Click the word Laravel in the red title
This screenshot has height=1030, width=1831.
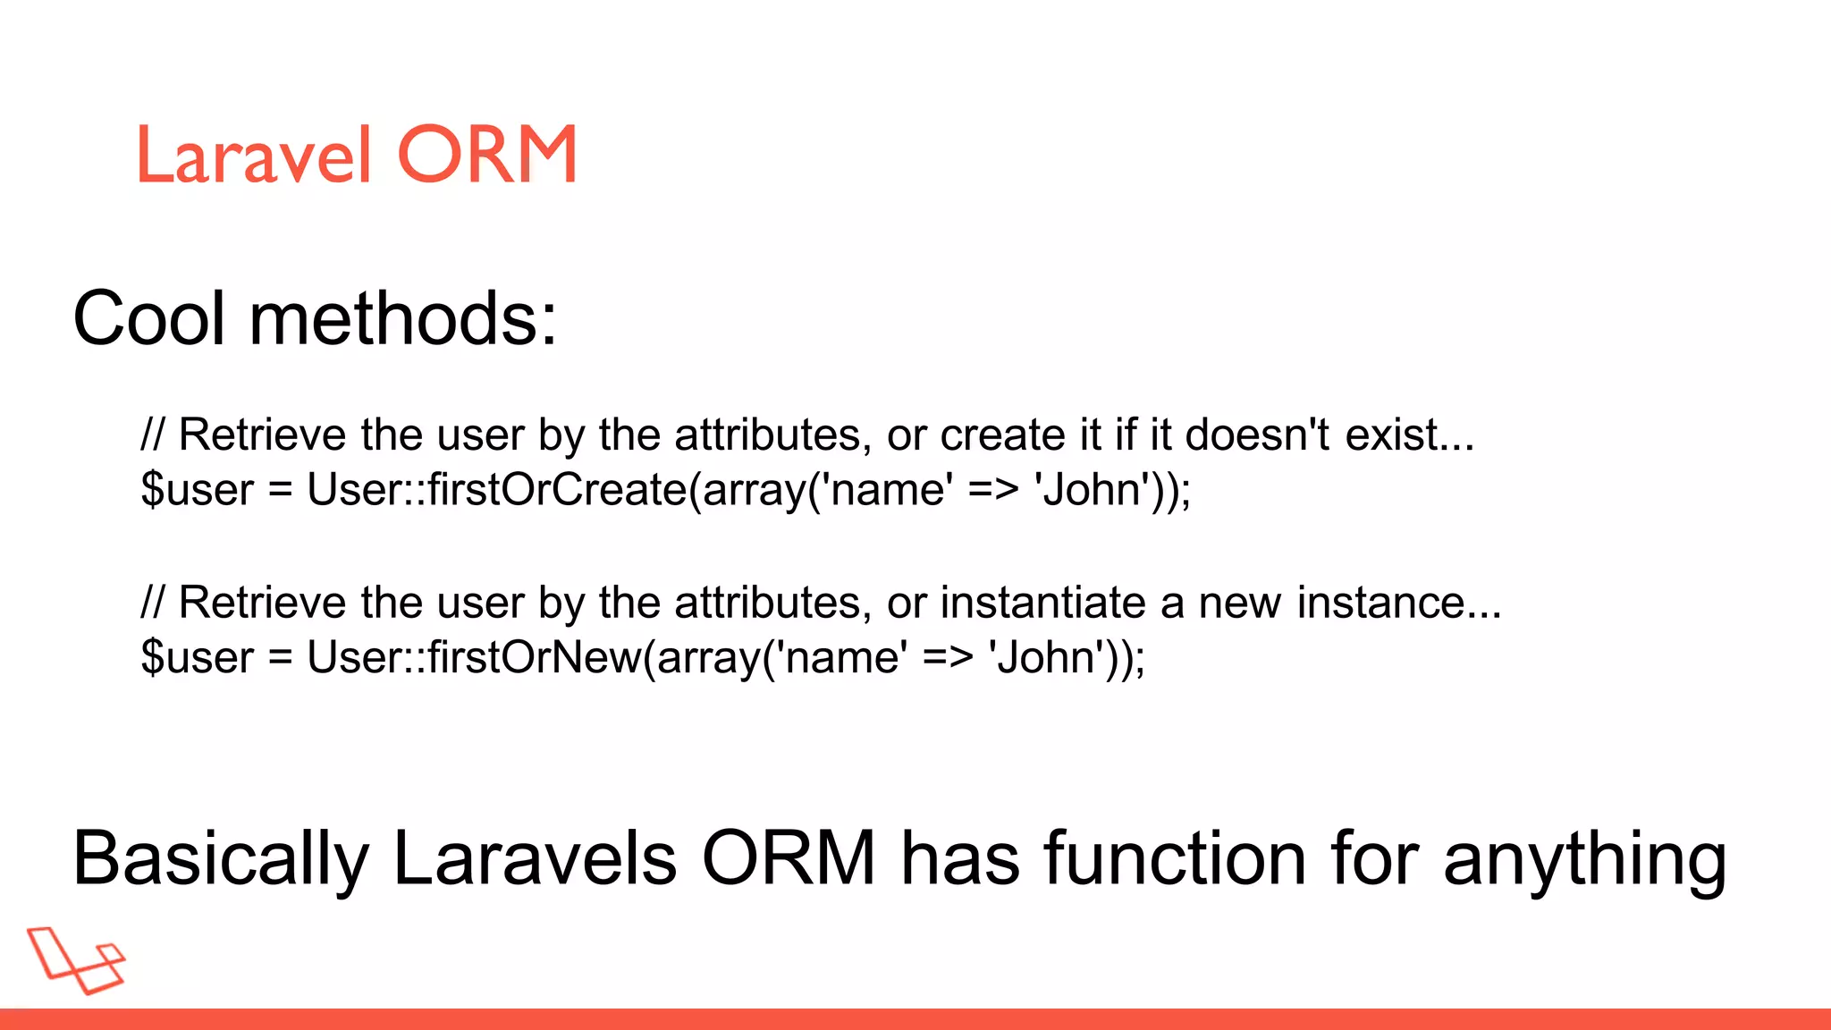253,155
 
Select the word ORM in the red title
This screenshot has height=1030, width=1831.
487,155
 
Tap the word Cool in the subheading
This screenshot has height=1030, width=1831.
148,318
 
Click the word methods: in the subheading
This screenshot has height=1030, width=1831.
403,318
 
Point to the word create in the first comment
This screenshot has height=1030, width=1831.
1001,435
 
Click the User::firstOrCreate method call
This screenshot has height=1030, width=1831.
496,490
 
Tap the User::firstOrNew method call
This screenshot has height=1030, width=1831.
474,657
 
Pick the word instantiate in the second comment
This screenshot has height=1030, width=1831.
1042,603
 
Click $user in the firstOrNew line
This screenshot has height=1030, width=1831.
198,657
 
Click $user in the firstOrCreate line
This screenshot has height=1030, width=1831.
198,490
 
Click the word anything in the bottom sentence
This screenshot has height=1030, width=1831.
1584,859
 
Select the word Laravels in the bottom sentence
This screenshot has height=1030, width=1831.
535,859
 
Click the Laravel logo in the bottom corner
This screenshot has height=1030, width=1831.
76,960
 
